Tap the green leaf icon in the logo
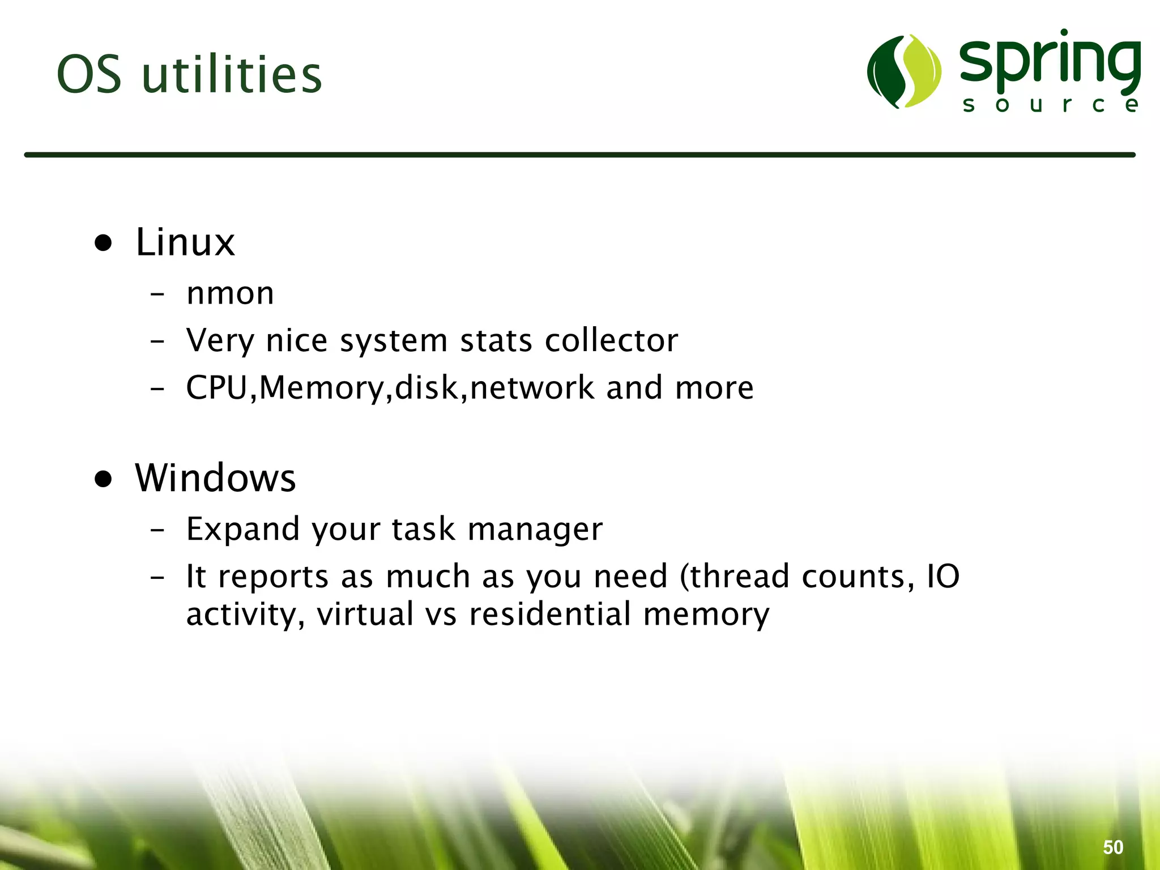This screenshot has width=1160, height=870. point(904,71)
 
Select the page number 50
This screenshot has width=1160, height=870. point(1113,847)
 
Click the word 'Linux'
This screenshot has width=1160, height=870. point(185,242)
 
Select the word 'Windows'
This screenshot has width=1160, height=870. point(215,478)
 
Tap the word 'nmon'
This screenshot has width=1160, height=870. point(230,293)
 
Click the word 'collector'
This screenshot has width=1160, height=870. point(611,340)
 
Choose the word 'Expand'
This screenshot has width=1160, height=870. point(242,530)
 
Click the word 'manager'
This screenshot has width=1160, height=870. point(535,530)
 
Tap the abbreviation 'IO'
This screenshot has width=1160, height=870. point(942,577)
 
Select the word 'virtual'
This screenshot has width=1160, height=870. point(365,614)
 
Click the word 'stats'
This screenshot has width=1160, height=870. point(496,340)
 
